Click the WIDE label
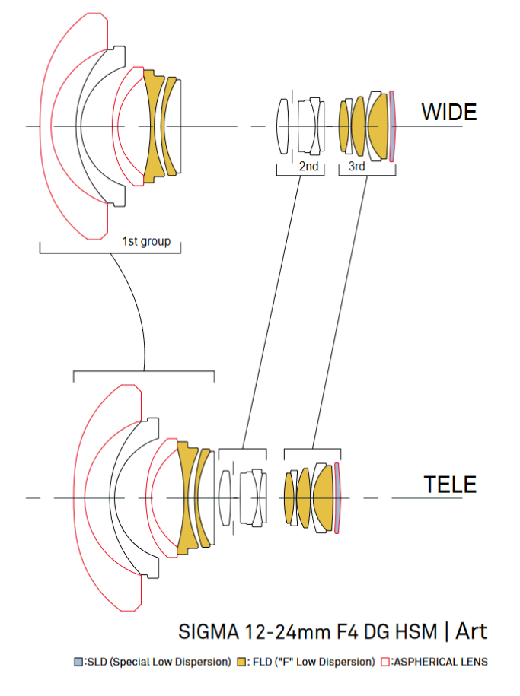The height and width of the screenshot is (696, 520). coord(449,113)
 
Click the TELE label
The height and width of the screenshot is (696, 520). coord(449,484)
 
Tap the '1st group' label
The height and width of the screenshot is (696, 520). coord(146,242)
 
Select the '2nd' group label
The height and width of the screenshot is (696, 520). coord(308,167)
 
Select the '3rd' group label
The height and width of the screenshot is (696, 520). coord(356,167)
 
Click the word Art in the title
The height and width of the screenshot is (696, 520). coord(471,631)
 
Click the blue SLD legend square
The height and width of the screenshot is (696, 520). coord(78,662)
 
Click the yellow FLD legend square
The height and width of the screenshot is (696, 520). coord(243,662)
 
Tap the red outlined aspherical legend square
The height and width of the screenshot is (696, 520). coord(385,662)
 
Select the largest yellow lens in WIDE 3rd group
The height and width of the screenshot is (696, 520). coord(378,125)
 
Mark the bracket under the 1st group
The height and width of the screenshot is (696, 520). coord(110,249)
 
